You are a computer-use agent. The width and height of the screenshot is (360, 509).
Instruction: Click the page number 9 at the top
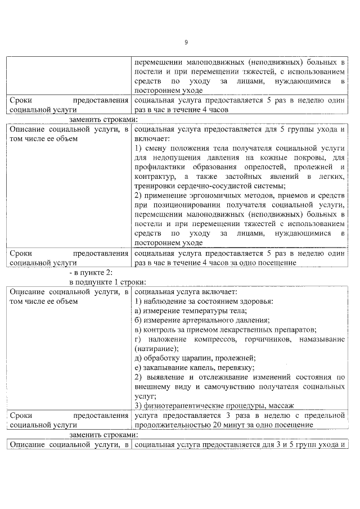186,42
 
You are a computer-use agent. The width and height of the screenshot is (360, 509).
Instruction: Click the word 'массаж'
282,406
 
